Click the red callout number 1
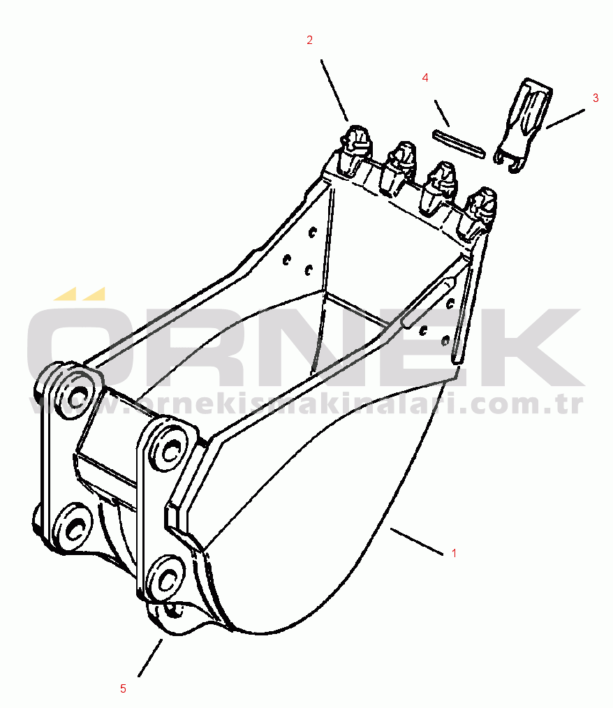click(454, 553)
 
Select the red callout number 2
click(309, 40)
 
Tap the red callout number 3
click(596, 98)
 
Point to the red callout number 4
click(424, 78)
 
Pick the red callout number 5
click(123, 688)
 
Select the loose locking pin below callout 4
click(459, 144)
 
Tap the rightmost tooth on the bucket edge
click(480, 212)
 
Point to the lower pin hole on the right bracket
click(166, 580)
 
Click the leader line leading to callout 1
click(417, 540)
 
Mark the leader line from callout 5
click(150, 658)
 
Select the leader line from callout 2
click(334, 90)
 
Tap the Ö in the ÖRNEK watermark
click(80, 339)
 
